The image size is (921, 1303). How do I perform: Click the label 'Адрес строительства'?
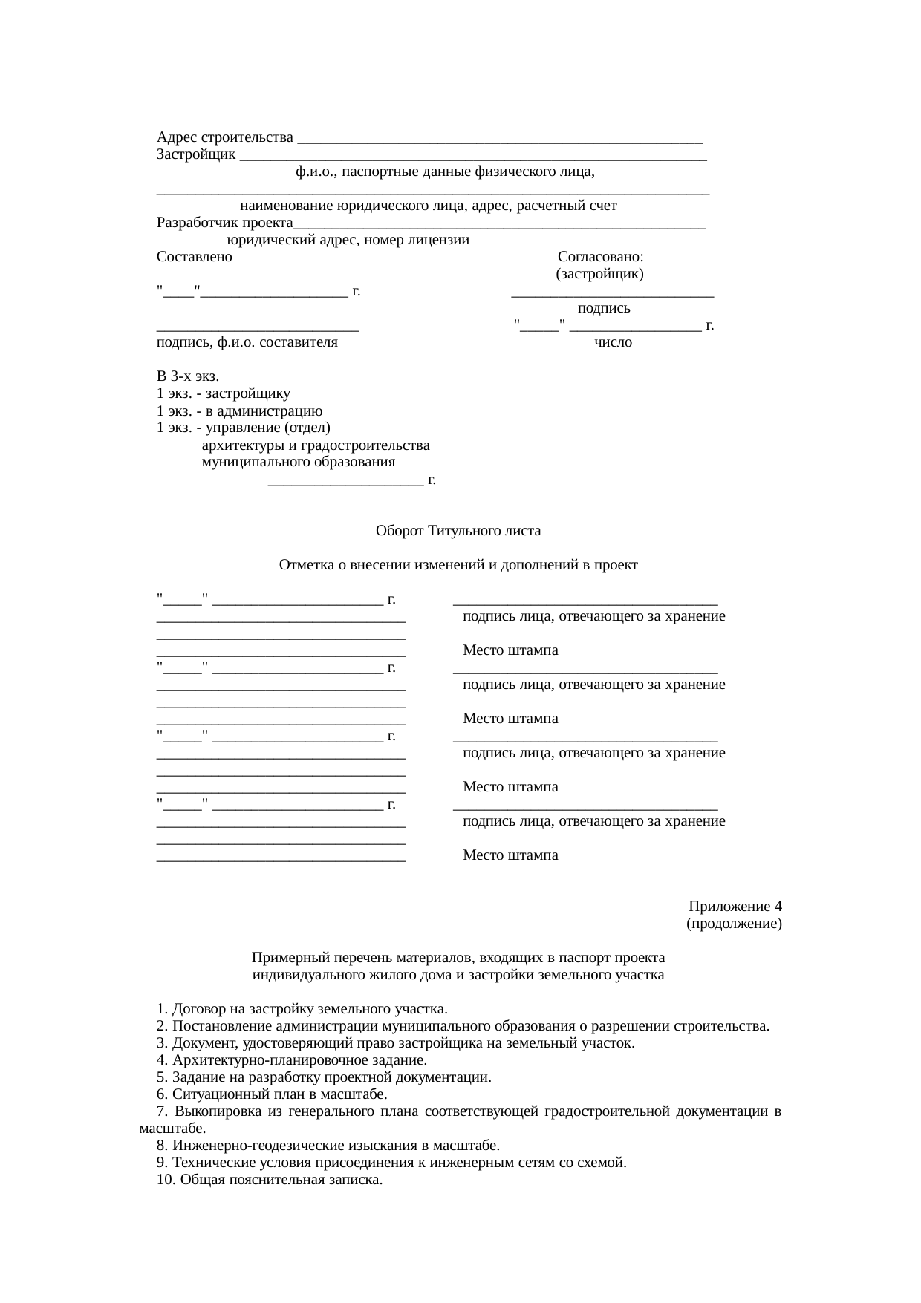coord(225,137)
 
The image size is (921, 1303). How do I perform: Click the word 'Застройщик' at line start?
coord(197,154)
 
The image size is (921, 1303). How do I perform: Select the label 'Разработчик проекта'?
coord(225,223)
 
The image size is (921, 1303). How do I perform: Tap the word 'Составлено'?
coord(195,257)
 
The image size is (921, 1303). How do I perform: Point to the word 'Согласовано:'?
coord(600,257)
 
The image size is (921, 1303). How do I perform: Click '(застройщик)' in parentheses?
coord(599,274)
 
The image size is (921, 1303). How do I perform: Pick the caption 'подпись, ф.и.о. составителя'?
coord(247,342)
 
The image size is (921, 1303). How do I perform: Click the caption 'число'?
coord(614,342)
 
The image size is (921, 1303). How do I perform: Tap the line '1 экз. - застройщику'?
coord(224,393)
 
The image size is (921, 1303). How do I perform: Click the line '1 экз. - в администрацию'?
coord(239,411)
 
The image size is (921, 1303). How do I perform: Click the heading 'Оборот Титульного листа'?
coord(458,531)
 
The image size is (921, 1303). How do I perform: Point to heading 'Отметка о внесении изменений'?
coord(458,565)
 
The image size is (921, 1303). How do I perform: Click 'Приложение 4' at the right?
coord(735,907)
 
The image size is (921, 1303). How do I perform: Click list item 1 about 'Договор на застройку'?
coord(302,1009)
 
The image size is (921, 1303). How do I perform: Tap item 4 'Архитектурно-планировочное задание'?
coord(292,1060)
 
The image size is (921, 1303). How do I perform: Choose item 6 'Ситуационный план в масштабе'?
coord(272,1094)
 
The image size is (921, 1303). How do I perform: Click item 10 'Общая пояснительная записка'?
coord(270,1180)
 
